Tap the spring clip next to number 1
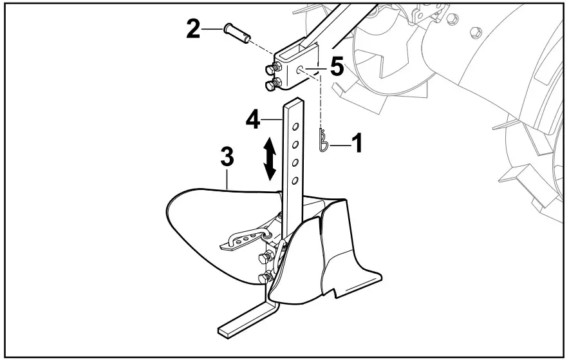324,140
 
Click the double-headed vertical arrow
270,159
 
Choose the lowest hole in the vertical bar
294,180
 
